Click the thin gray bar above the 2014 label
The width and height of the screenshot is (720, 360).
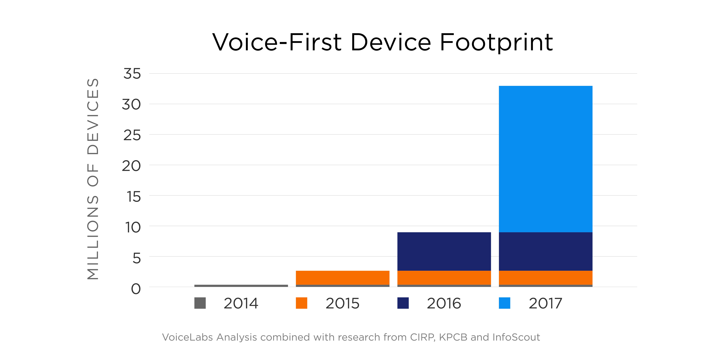coord(241,286)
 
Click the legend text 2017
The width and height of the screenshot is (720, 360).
coord(545,303)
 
